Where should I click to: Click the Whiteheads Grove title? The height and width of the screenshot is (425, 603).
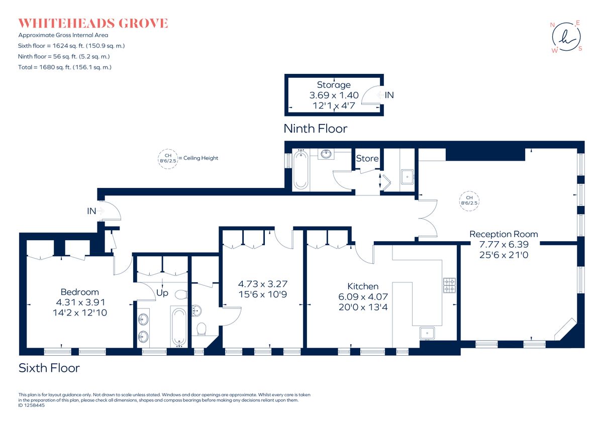pyautogui.click(x=93, y=23)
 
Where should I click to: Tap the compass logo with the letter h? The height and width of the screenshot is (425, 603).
pyautogui.click(x=566, y=37)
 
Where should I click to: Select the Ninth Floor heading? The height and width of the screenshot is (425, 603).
pyautogui.click(x=316, y=129)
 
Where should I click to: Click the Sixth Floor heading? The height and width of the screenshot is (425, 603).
pyautogui.click(x=49, y=368)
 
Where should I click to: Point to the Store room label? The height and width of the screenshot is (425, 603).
pyautogui.click(x=367, y=158)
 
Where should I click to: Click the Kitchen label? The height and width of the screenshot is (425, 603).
pyautogui.click(x=363, y=286)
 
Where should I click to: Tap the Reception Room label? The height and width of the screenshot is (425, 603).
pyautogui.click(x=504, y=234)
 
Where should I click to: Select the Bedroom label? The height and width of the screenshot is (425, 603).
pyautogui.click(x=80, y=292)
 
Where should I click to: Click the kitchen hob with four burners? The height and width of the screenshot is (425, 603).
pyautogui.click(x=450, y=285)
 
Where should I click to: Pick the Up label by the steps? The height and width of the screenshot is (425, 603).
pyautogui.click(x=162, y=293)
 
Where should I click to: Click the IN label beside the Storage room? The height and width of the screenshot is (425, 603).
pyautogui.click(x=389, y=95)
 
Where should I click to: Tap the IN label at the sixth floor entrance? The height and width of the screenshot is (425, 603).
pyautogui.click(x=91, y=211)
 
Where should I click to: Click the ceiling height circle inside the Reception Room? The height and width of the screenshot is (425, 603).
pyautogui.click(x=469, y=200)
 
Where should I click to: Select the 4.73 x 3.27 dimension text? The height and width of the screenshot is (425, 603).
pyautogui.click(x=263, y=284)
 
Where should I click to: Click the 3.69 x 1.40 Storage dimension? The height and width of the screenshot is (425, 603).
pyautogui.click(x=334, y=95)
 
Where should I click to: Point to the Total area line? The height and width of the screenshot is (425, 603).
pyautogui.click(x=65, y=67)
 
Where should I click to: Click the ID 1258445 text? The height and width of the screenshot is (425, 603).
pyautogui.click(x=32, y=405)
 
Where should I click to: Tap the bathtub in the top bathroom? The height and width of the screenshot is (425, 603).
pyautogui.click(x=300, y=170)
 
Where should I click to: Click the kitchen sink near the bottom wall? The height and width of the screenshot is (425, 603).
pyautogui.click(x=427, y=333)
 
